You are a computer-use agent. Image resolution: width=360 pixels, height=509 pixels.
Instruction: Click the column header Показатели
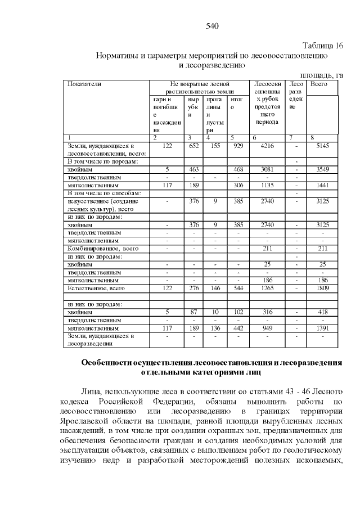84,83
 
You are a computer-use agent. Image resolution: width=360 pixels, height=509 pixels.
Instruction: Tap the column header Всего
319,83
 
